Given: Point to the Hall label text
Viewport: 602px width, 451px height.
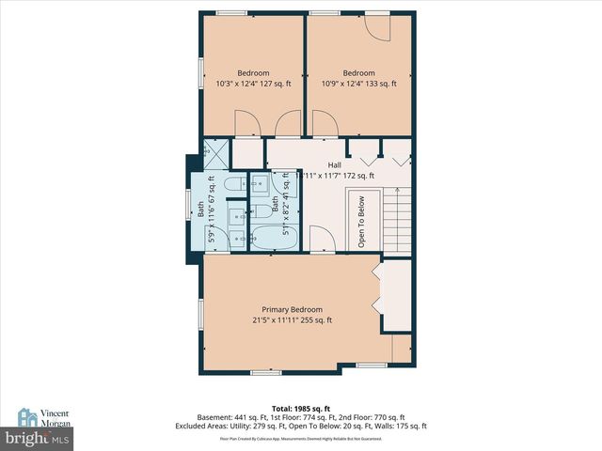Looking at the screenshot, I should tap(335, 164).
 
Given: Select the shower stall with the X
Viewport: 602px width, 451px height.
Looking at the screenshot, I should tap(215, 151).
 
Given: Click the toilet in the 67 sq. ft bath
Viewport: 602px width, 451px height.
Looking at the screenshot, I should tap(235, 184).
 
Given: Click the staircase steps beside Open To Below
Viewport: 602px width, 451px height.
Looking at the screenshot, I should tap(397, 220).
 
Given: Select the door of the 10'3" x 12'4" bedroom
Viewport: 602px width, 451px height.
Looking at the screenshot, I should tap(246, 123).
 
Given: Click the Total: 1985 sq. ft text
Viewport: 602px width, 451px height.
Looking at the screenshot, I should tap(300, 409).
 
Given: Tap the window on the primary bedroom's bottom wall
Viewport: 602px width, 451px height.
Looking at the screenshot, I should tap(266, 372).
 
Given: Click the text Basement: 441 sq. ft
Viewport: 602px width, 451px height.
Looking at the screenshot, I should tap(230, 417).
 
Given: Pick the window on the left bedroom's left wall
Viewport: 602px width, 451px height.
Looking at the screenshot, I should tap(199, 74).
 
